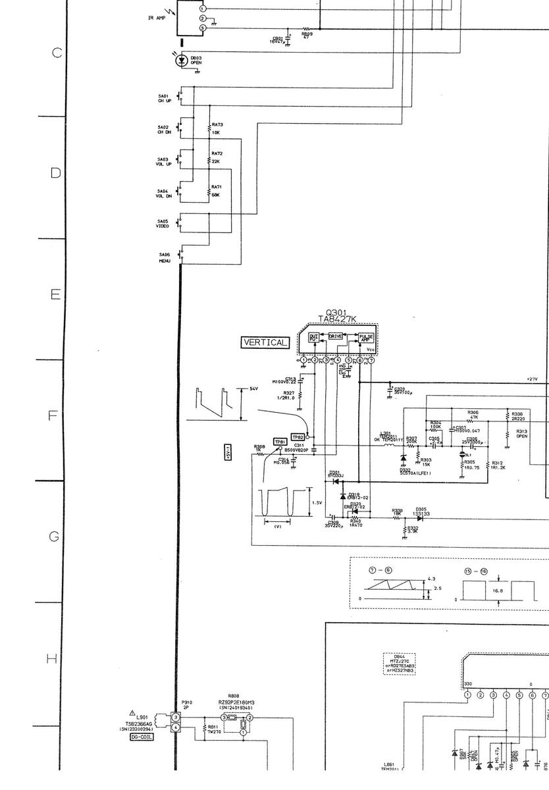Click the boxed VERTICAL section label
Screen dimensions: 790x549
[265, 342]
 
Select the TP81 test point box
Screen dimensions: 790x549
[280, 442]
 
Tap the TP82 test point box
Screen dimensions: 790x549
[298, 437]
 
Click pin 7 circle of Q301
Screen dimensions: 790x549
[371, 360]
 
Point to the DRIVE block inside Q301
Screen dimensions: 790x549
[336, 336]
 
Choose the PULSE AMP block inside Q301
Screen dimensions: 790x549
[366, 338]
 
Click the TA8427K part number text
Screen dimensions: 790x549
[336, 319]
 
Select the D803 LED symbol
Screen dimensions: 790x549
[182, 61]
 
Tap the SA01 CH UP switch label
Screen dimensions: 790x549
[163, 98]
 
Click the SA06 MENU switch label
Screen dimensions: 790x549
[164, 257]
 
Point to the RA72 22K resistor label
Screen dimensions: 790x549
[217, 157]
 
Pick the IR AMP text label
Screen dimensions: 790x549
[157, 18]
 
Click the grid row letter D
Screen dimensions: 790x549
[56, 173]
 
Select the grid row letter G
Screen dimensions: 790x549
[55, 537]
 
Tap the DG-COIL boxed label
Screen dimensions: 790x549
[142, 737]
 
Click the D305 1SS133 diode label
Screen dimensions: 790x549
[421, 512]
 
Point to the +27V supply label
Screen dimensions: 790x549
[532, 379]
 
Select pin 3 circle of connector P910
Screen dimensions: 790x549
[176, 716]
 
